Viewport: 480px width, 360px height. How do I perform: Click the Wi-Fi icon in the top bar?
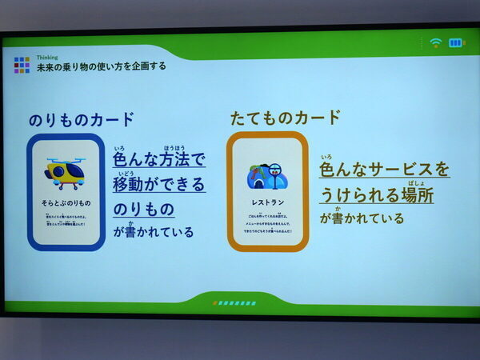coord(435,42)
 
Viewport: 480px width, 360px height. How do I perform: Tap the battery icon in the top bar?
coord(456,42)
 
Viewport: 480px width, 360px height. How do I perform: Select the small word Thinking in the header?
coord(48,58)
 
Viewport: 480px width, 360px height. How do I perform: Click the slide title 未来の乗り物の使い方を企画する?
coord(102,67)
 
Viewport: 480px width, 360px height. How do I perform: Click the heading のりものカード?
coord(82,120)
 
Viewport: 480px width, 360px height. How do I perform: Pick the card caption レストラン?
coord(268,202)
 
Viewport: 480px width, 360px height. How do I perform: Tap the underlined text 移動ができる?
coord(159,185)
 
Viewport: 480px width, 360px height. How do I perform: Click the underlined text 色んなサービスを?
coord(384,170)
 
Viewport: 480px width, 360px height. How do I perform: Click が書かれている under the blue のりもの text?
coord(153,233)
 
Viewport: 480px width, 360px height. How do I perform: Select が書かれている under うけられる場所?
coord(362,218)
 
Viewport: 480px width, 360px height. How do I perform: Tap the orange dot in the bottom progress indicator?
coord(214,303)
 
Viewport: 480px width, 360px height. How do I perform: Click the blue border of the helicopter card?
coord(31,192)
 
